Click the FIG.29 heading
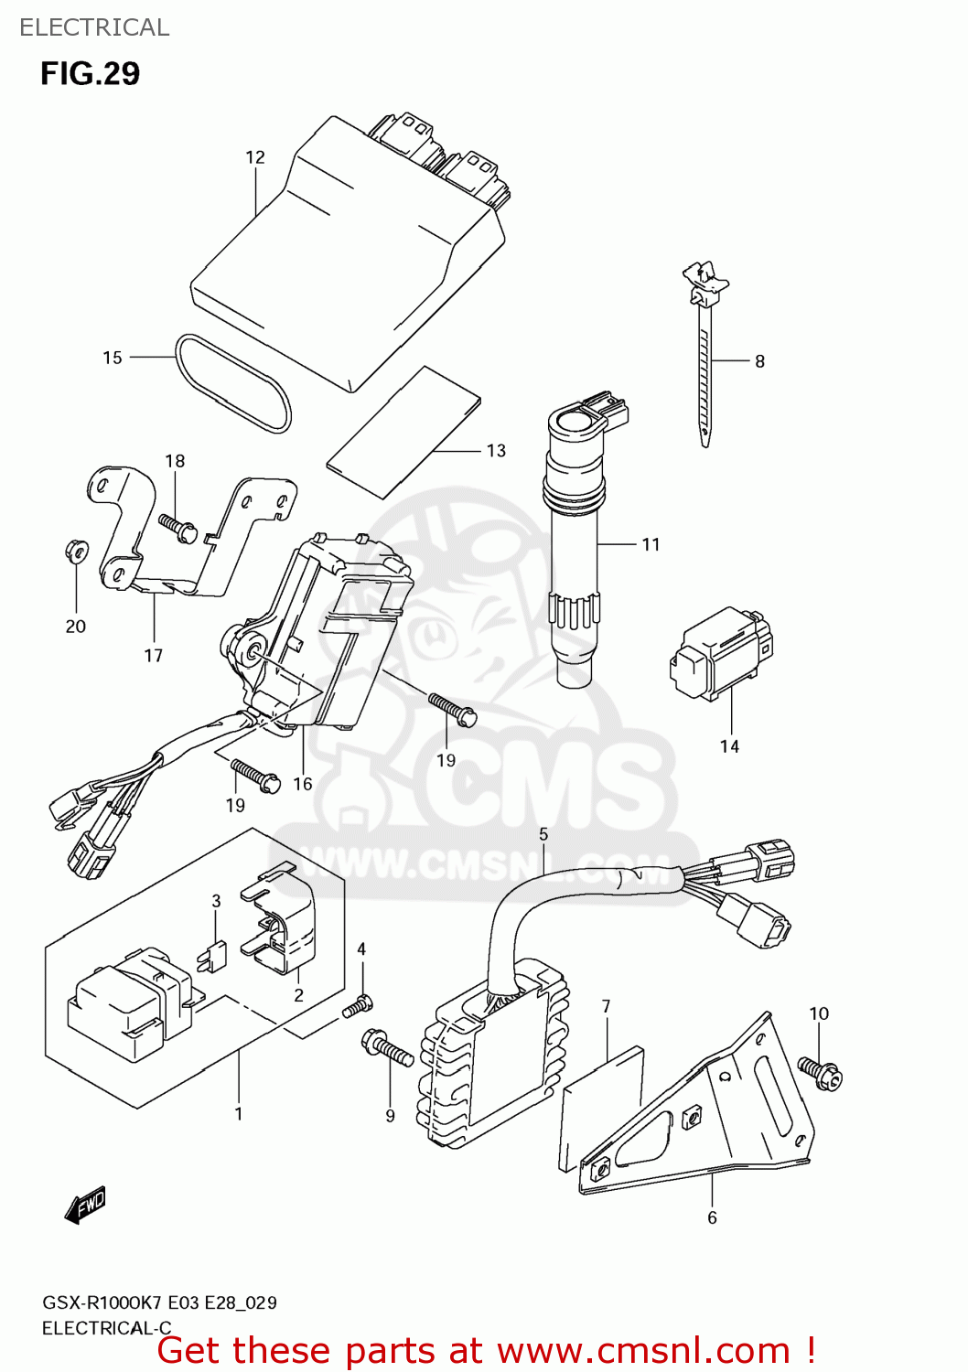pos(90,74)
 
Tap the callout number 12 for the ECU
pos(255,157)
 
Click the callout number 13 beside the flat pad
pos(496,451)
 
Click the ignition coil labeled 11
pos(574,549)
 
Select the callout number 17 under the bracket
pos(154,656)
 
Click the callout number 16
pos(303,784)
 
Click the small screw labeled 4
pos(358,1006)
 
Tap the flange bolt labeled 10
pos(819,1072)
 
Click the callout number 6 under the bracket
pos(712,1217)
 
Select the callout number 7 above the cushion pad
pos(606,1006)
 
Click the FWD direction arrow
pos(86,1205)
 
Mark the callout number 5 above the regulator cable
pos(543,834)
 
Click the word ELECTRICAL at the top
pos(94,27)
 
